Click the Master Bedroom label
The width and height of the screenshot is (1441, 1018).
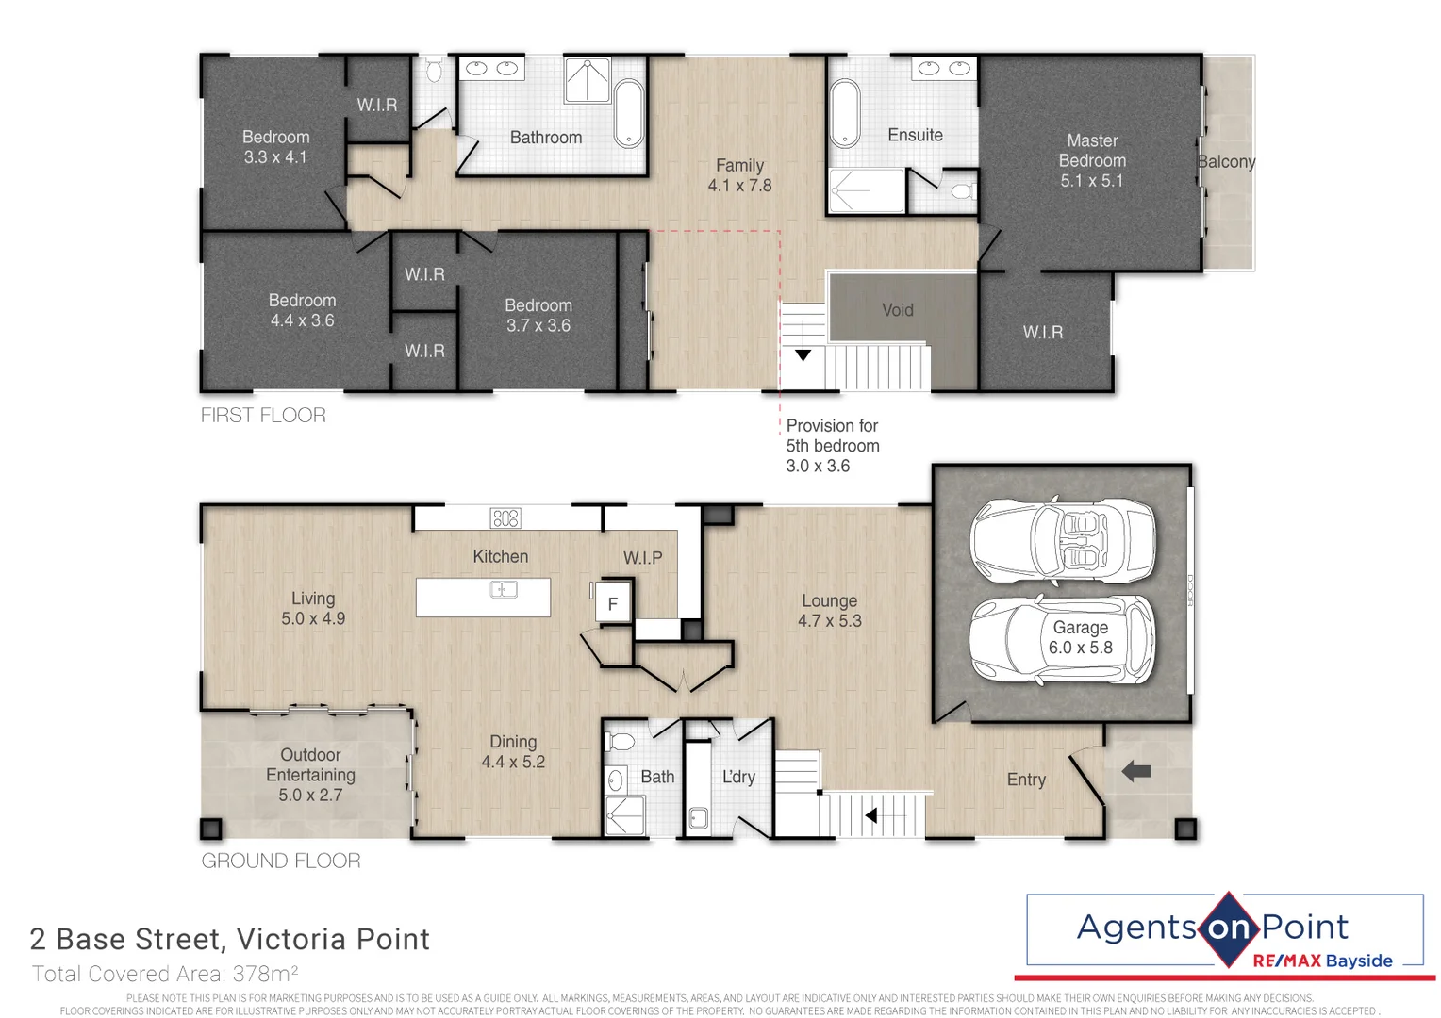pos(1092,160)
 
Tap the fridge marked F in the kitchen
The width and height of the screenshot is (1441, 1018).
pos(612,604)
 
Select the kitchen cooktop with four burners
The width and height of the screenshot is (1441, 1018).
pos(505,517)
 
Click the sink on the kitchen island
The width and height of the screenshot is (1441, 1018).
pos(504,590)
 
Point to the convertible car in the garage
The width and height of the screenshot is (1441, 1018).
pos(1062,539)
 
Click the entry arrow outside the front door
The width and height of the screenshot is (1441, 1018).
pos(1136,771)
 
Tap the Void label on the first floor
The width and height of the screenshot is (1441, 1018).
pos(897,310)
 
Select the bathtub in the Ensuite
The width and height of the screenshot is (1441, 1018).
pos(845,113)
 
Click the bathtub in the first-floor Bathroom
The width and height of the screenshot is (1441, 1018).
pos(628,113)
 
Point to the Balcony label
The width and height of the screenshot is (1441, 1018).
pos(1226,161)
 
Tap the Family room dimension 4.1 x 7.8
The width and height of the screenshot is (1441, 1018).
pos(739,186)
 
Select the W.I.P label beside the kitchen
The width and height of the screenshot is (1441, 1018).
pos(642,558)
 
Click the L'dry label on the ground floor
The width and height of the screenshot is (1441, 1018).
pos(738,777)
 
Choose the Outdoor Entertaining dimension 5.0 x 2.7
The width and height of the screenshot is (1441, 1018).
pos(310,795)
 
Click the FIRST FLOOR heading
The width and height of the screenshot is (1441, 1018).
pos(263,415)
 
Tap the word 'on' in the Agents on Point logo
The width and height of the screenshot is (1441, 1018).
pos(1228,928)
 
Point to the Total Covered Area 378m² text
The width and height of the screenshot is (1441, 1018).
pos(165,974)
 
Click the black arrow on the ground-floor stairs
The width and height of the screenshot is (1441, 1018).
pos(871,815)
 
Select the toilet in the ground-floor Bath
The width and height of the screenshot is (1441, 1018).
pos(621,741)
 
